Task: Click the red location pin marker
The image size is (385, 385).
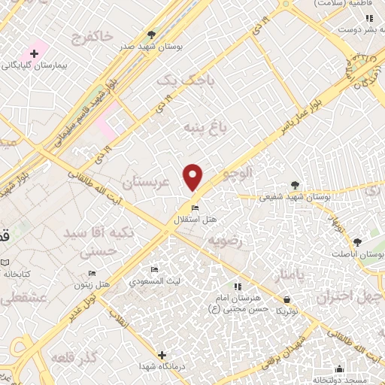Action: point(193,177)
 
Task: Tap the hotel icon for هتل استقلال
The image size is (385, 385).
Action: point(195,208)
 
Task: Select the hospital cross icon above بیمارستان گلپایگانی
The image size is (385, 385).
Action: point(34,53)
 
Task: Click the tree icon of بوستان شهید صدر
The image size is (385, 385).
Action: point(152,35)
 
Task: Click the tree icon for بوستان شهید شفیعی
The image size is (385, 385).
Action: point(295,185)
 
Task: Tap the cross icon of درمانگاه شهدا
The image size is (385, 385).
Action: point(162,354)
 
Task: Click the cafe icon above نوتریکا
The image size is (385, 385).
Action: point(280,299)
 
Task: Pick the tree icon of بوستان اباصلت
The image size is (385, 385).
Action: point(357,242)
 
